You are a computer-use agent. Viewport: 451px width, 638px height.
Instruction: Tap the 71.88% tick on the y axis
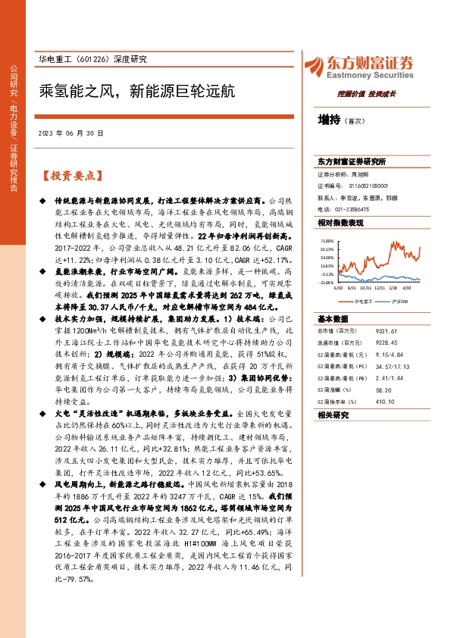point(327,239)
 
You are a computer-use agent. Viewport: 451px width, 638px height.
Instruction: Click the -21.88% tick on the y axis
point(327,282)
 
